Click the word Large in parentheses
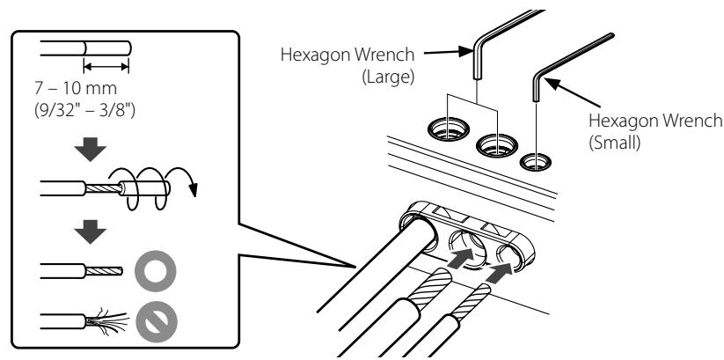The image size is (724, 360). [388, 77]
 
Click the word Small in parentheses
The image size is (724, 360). [615, 143]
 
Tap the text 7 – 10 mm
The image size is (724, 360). [76, 88]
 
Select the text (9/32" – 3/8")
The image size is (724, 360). [85, 111]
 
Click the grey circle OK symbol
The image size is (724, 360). [156, 271]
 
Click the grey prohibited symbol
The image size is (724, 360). [157, 322]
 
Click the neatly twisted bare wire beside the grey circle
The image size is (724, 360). [104, 271]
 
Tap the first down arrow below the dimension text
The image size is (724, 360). [91, 150]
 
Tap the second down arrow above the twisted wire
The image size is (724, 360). [91, 231]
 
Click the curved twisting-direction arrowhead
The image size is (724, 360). [193, 189]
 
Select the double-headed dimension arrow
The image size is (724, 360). [106, 67]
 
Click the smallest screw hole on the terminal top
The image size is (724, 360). [536, 162]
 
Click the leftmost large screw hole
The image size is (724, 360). [449, 129]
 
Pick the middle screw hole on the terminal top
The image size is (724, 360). [497, 145]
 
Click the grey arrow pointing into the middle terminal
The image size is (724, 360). [461, 258]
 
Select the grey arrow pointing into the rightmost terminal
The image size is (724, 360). [501, 273]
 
